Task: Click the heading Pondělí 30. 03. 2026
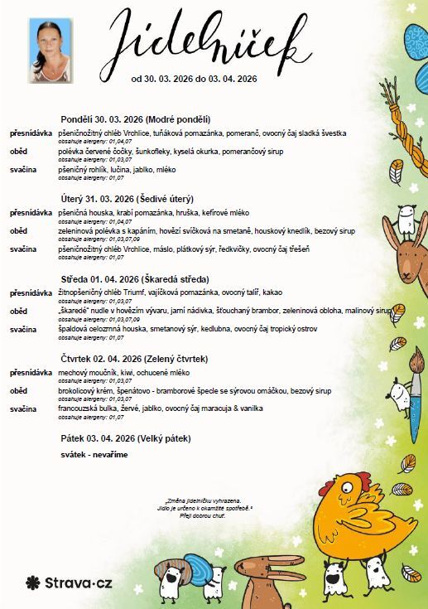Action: (x=136, y=119)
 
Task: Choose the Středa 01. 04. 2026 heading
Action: (x=135, y=279)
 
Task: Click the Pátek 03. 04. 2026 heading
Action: (x=127, y=437)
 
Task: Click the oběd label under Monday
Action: (x=19, y=151)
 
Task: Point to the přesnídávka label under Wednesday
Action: (x=31, y=293)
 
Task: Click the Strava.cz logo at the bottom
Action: (x=69, y=582)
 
